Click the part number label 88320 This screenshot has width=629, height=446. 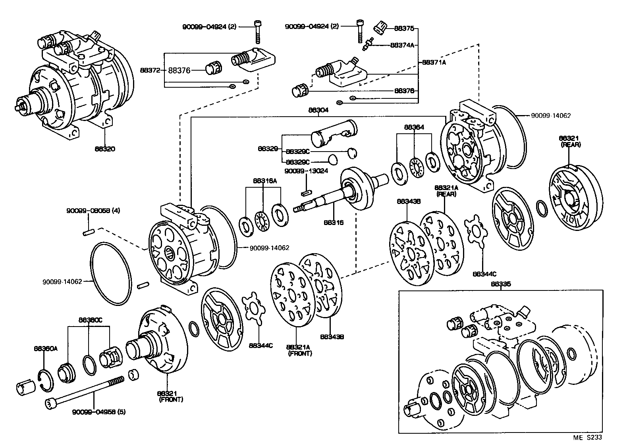pyautogui.click(x=105, y=149)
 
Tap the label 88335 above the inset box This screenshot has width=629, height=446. pyautogui.click(x=501, y=284)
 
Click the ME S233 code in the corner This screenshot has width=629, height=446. pyautogui.click(x=587, y=437)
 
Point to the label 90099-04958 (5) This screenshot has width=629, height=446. pyautogui.click(x=99, y=411)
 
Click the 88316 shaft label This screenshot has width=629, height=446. pyautogui.click(x=334, y=223)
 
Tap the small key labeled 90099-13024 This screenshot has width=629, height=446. pyautogui.click(x=306, y=193)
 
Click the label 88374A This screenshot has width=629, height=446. pyautogui.click(x=402, y=45)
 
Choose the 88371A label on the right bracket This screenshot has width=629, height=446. pyautogui.click(x=434, y=62)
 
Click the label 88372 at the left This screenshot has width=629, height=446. pyautogui.click(x=150, y=71)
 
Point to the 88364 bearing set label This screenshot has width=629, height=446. pyautogui.click(x=414, y=127)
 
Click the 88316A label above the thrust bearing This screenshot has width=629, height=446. pyautogui.click(x=265, y=181)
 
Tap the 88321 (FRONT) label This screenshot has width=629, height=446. pyautogui.click(x=171, y=396)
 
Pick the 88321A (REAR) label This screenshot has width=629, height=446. pyautogui.click(x=446, y=190)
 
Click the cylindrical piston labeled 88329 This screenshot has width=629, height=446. pyautogui.click(x=334, y=133)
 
